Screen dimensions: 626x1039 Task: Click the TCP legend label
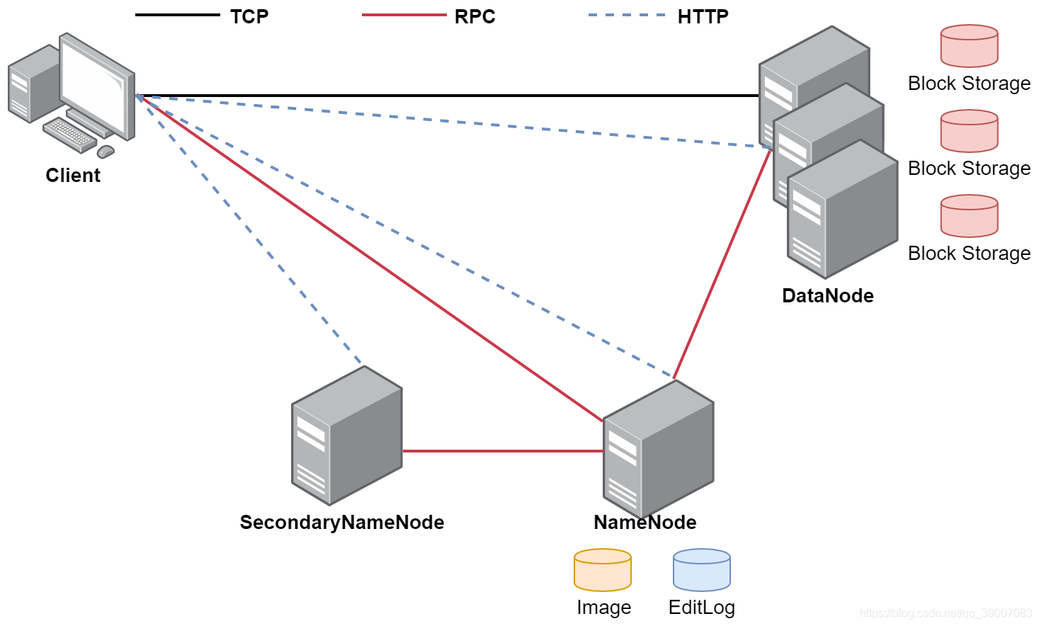[249, 16]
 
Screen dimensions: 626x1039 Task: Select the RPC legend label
[475, 16]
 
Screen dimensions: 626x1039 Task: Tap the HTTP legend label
[703, 16]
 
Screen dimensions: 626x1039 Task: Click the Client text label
[73, 175]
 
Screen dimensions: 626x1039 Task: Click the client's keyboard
[69, 135]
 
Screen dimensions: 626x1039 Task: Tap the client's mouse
[106, 151]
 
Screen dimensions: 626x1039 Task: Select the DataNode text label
[827, 295]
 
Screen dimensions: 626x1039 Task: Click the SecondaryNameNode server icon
[346, 436]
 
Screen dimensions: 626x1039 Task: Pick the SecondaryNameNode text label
[342, 522]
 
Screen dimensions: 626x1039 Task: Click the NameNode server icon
[658, 450]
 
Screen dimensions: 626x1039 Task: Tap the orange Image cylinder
[603, 570]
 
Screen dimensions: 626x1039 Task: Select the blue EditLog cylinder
[702, 570]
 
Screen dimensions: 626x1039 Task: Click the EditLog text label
[702, 608]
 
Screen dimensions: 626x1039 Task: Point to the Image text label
[603, 608]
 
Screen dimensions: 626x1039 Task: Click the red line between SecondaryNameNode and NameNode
[503, 450]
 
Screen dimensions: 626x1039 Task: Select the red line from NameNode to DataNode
[722, 263]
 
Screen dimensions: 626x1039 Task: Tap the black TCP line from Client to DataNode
[446, 95]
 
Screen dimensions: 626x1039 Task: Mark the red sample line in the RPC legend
[404, 15]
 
